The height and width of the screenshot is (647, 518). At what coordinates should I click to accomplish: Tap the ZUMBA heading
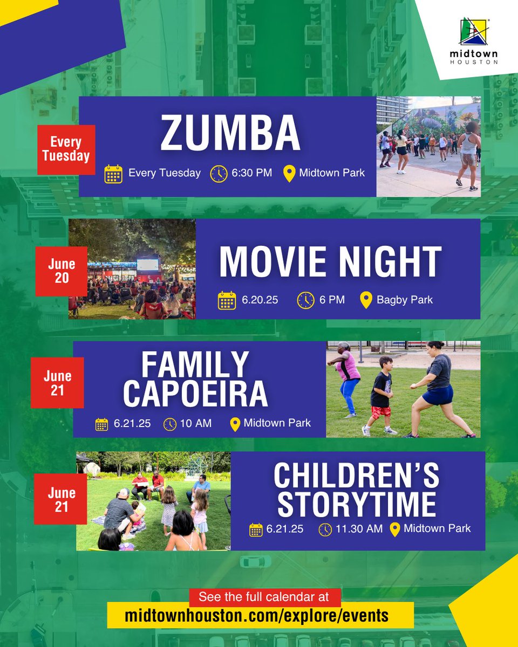click(x=230, y=133)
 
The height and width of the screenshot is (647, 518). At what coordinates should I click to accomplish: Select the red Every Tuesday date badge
click(x=66, y=149)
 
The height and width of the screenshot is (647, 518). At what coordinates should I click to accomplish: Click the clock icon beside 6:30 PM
click(x=219, y=174)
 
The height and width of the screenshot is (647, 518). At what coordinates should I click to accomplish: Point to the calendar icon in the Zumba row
click(x=113, y=174)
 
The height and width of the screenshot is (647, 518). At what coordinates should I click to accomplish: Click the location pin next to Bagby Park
click(x=366, y=300)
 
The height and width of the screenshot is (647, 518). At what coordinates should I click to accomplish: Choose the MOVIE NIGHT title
click(x=330, y=263)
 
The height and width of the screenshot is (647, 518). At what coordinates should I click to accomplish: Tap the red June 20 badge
click(x=62, y=271)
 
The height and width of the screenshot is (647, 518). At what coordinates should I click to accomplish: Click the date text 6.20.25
click(x=260, y=300)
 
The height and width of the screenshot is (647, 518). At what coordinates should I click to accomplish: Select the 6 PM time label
click(x=332, y=300)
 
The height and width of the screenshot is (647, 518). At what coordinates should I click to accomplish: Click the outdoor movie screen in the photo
click(x=148, y=266)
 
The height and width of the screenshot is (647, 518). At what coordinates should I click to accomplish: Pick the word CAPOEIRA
click(x=195, y=394)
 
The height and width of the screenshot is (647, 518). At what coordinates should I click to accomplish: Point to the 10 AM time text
click(x=195, y=424)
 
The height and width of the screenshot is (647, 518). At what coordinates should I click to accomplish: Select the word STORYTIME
click(x=357, y=504)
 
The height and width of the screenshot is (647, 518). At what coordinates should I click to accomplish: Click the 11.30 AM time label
click(x=359, y=529)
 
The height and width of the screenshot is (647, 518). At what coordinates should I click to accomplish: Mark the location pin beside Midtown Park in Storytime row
click(x=394, y=529)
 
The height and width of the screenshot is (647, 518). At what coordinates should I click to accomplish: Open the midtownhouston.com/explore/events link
click(x=257, y=615)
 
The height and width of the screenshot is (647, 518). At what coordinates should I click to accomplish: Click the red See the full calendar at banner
click(x=265, y=597)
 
